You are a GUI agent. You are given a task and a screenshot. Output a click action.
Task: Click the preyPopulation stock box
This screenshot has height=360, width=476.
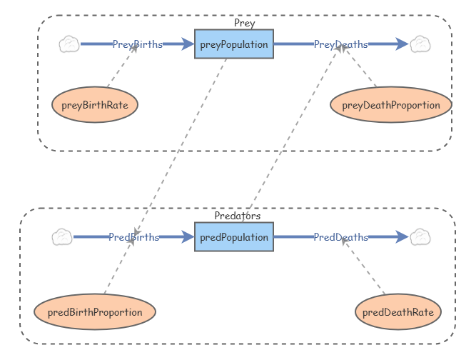[x=233, y=44]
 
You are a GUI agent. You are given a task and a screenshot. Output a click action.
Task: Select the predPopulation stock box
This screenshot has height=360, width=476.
[x=233, y=237]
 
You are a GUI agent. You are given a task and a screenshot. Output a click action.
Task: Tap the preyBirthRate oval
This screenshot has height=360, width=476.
[x=95, y=105]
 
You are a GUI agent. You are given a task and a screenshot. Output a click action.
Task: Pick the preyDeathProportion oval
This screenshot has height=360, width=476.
[x=391, y=105]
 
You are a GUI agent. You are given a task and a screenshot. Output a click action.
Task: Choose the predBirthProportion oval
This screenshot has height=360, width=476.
[x=95, y=312]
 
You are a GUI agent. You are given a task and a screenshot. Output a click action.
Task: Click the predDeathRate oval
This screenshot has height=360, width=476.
[x=397, y=312]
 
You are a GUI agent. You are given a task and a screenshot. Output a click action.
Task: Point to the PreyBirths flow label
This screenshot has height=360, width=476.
[x=137, y=44]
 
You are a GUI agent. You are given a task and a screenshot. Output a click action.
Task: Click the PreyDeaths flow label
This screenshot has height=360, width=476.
[x=340, y=44]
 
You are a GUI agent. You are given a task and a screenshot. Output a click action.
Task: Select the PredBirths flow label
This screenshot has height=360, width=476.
[x=133, y=237]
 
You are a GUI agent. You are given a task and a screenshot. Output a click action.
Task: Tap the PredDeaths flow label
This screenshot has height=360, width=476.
[x=340, y=237]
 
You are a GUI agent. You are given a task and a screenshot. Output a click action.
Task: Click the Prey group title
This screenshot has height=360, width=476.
[x=244, y=23]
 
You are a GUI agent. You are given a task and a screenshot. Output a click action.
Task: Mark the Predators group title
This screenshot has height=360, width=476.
[x=237, y=215]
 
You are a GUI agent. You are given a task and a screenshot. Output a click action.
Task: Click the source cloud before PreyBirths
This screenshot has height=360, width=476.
[x=69, y=44]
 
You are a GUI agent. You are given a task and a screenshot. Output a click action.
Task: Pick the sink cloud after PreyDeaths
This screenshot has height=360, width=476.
[x=420, y=44]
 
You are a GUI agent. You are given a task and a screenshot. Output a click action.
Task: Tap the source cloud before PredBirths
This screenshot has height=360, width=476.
[x=62, y=237]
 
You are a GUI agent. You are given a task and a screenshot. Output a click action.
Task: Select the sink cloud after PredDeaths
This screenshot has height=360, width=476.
[x=420, y=237]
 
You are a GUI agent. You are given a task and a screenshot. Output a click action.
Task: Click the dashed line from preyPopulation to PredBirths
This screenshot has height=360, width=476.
[x=182, y=143]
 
